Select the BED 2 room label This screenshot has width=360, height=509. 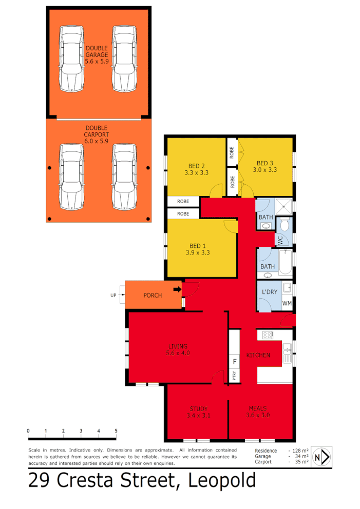click(x=197, y=166)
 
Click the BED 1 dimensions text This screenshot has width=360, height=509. click(x=198, y=252)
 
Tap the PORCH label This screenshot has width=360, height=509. click(x=153, y=295)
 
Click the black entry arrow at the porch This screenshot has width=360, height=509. click(x=178, y=289)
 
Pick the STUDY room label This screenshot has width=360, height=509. click(x=198, y=409)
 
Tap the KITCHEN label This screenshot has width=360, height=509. click(x=258, y=355)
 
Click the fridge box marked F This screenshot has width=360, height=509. click(x=235, y=361)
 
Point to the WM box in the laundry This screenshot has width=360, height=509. click(x=287, y=303)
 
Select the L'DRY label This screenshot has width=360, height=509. click(x=270, y=291)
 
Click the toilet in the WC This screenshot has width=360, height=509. click(x=285, y=224)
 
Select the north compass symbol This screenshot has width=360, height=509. click(x=321, y=456)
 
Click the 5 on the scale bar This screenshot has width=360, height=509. click(x=116, y=430)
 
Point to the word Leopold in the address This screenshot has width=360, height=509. click(x=222, y=481)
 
